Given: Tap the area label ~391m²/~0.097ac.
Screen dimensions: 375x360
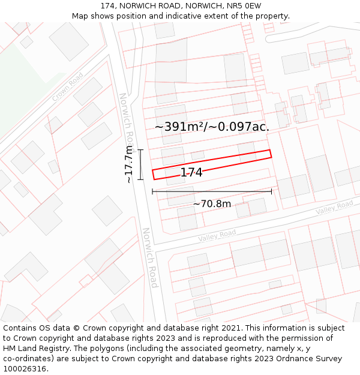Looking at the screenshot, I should (212, 127).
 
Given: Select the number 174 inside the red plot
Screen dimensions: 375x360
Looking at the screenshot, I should (191, 173).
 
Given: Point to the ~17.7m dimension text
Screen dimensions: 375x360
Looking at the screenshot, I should (128, 164).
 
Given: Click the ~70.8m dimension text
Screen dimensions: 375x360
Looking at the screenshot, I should (212, 204).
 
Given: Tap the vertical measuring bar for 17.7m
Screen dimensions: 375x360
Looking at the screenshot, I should (140, 164).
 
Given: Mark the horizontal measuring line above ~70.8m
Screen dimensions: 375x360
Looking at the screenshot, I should (212, 191).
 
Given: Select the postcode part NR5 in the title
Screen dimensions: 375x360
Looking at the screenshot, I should (237, 5).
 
